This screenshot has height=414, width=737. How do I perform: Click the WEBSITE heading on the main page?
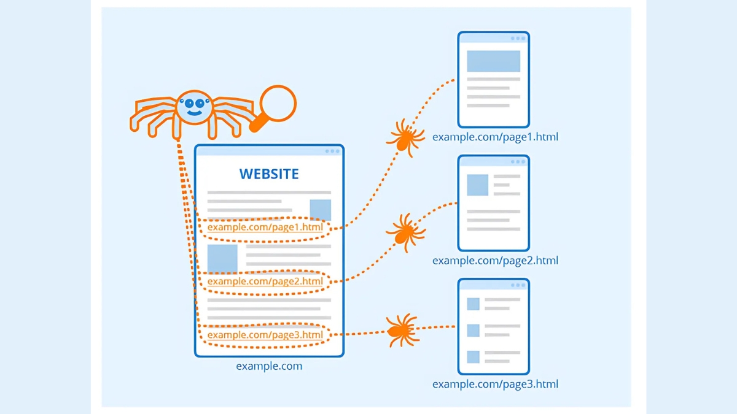269,174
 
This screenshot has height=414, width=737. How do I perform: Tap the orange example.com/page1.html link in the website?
265,227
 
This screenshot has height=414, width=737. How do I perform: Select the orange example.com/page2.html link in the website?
265,282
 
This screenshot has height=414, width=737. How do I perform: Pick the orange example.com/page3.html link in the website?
265,335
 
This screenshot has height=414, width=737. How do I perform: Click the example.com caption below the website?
269,366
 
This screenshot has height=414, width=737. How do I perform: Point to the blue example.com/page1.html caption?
495,137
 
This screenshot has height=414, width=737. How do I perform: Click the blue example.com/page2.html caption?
495,261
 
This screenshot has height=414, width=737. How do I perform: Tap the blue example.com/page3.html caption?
495,384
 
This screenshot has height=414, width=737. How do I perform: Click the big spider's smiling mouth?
195,113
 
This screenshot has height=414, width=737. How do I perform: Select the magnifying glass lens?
278,103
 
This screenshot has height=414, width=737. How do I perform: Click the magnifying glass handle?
259,123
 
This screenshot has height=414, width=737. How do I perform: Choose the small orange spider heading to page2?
406,232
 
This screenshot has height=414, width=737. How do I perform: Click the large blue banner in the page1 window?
494,61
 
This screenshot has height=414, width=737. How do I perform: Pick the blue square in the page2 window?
477,185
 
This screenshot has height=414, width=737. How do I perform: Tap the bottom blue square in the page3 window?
473,357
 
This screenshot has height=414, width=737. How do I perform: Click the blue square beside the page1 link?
321,210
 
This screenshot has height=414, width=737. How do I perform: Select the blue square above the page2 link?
222,259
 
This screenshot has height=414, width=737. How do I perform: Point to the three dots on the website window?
332,151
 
